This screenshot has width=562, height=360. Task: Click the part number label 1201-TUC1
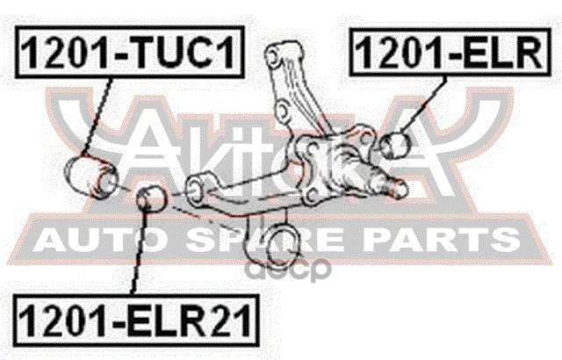coord(129,54)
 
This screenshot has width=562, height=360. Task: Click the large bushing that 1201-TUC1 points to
coord(90,172)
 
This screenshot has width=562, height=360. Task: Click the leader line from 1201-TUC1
coord(99,114)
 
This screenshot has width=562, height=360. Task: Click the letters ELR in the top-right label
coord(495,54)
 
